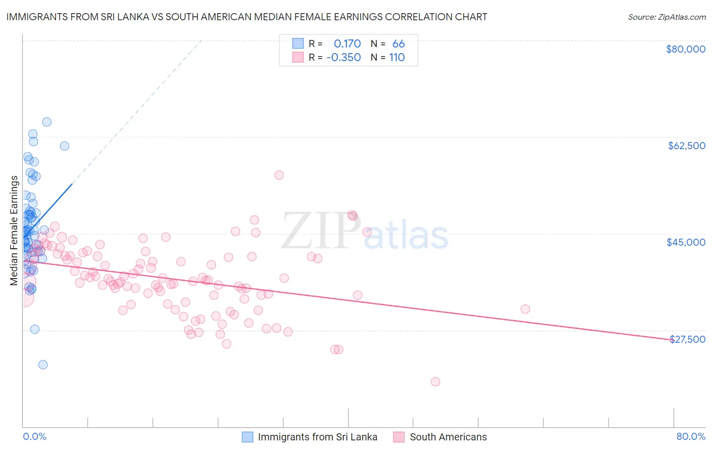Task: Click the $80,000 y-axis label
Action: tap(686, 49)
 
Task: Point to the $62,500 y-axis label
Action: tap(687, 146)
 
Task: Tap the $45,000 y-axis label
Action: tap(686, 242)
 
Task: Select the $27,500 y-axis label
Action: tap(687, 339)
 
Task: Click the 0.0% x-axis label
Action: tap(34, 437)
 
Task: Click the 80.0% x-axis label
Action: tap(691, 437)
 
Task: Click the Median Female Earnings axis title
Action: tap(14, 231)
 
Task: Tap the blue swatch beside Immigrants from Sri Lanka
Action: tap(247, 437)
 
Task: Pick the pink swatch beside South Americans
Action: tap(399, 437)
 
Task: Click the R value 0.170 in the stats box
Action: tap(347, 44)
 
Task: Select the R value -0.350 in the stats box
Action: tap(343, 58)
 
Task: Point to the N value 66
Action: tap(399, 44)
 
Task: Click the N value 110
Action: tap(397, 58)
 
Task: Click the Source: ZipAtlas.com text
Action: tap(666, 17)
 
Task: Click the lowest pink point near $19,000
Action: tap(436, 382)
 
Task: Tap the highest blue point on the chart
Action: tap(47, 122)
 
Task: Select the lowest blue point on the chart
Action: tap(43, 365)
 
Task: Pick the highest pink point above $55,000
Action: tap(279, 175)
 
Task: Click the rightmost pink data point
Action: tap(525, 309)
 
